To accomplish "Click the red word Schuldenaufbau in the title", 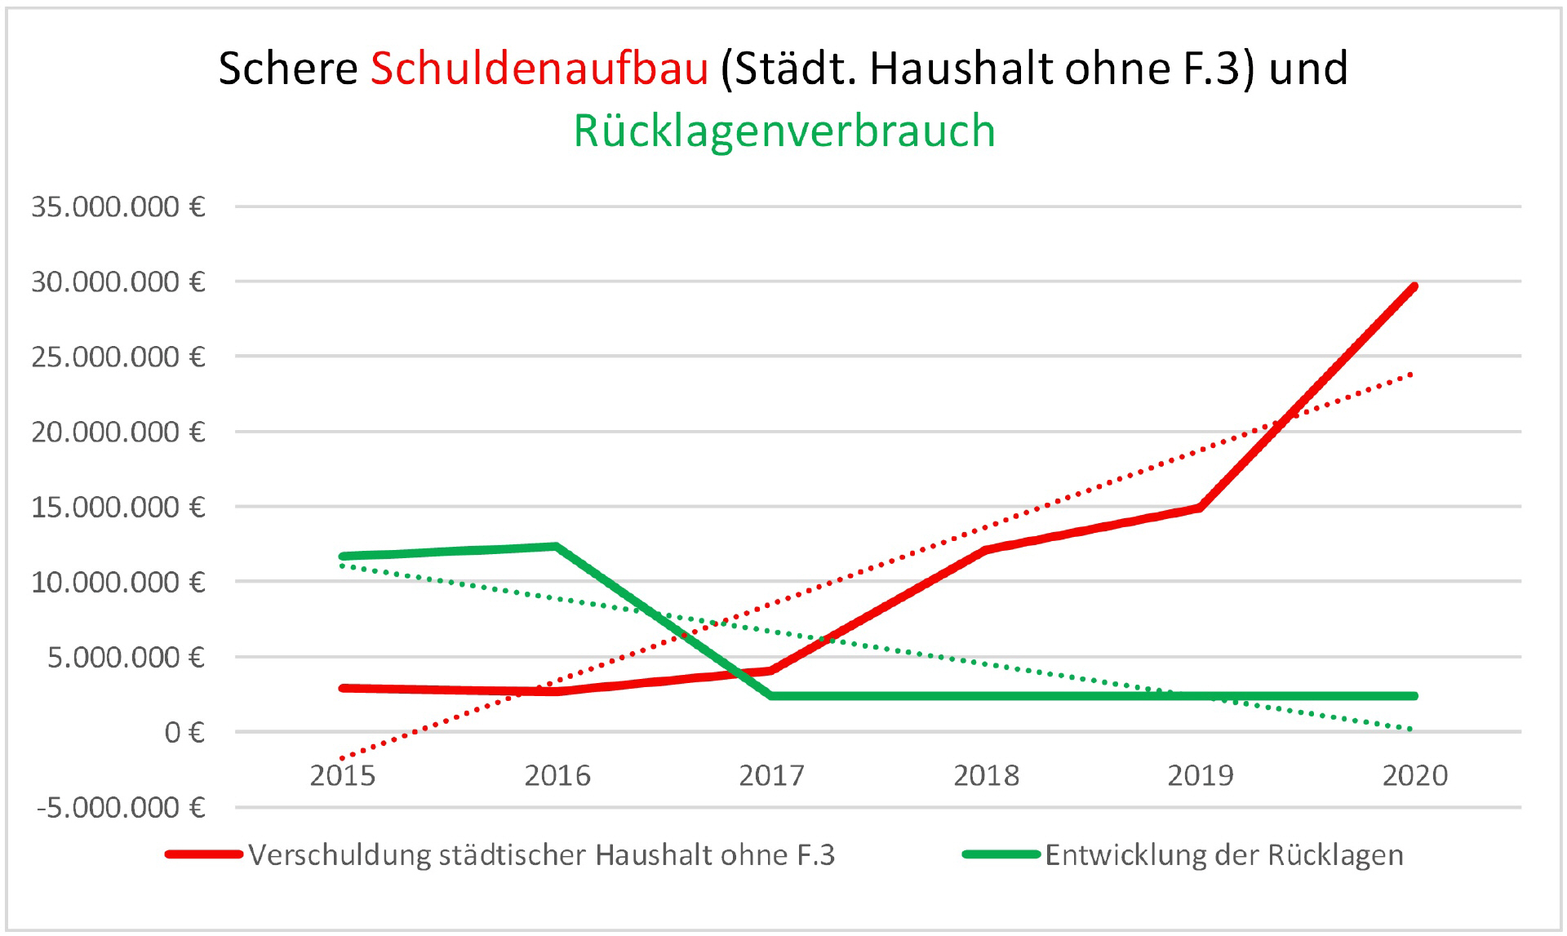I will point(539,68).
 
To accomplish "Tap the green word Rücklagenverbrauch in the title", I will point(784,131).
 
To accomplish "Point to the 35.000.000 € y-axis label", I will point(118,207).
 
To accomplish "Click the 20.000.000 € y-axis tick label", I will point(118,432).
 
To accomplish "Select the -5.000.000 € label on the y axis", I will point(120,808).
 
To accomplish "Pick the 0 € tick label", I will point(184,733).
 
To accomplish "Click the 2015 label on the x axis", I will point(343,775).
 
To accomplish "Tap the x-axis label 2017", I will point(771,775).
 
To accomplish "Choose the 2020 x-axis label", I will point(1414,775).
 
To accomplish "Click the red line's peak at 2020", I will point(1414,286).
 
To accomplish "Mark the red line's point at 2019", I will point(1200,507).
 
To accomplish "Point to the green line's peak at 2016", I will point(556,546).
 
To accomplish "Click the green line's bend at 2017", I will point(771,696).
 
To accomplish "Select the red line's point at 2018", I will point(986,550).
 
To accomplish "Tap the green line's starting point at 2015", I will point(343,557).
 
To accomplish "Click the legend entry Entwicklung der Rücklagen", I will point(1223,854).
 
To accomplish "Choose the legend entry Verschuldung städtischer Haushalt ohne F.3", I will point(541,854).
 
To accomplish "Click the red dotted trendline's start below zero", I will point(343,759).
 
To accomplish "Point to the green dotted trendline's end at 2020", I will point(1410,729).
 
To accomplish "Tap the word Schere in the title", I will point(288,68).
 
